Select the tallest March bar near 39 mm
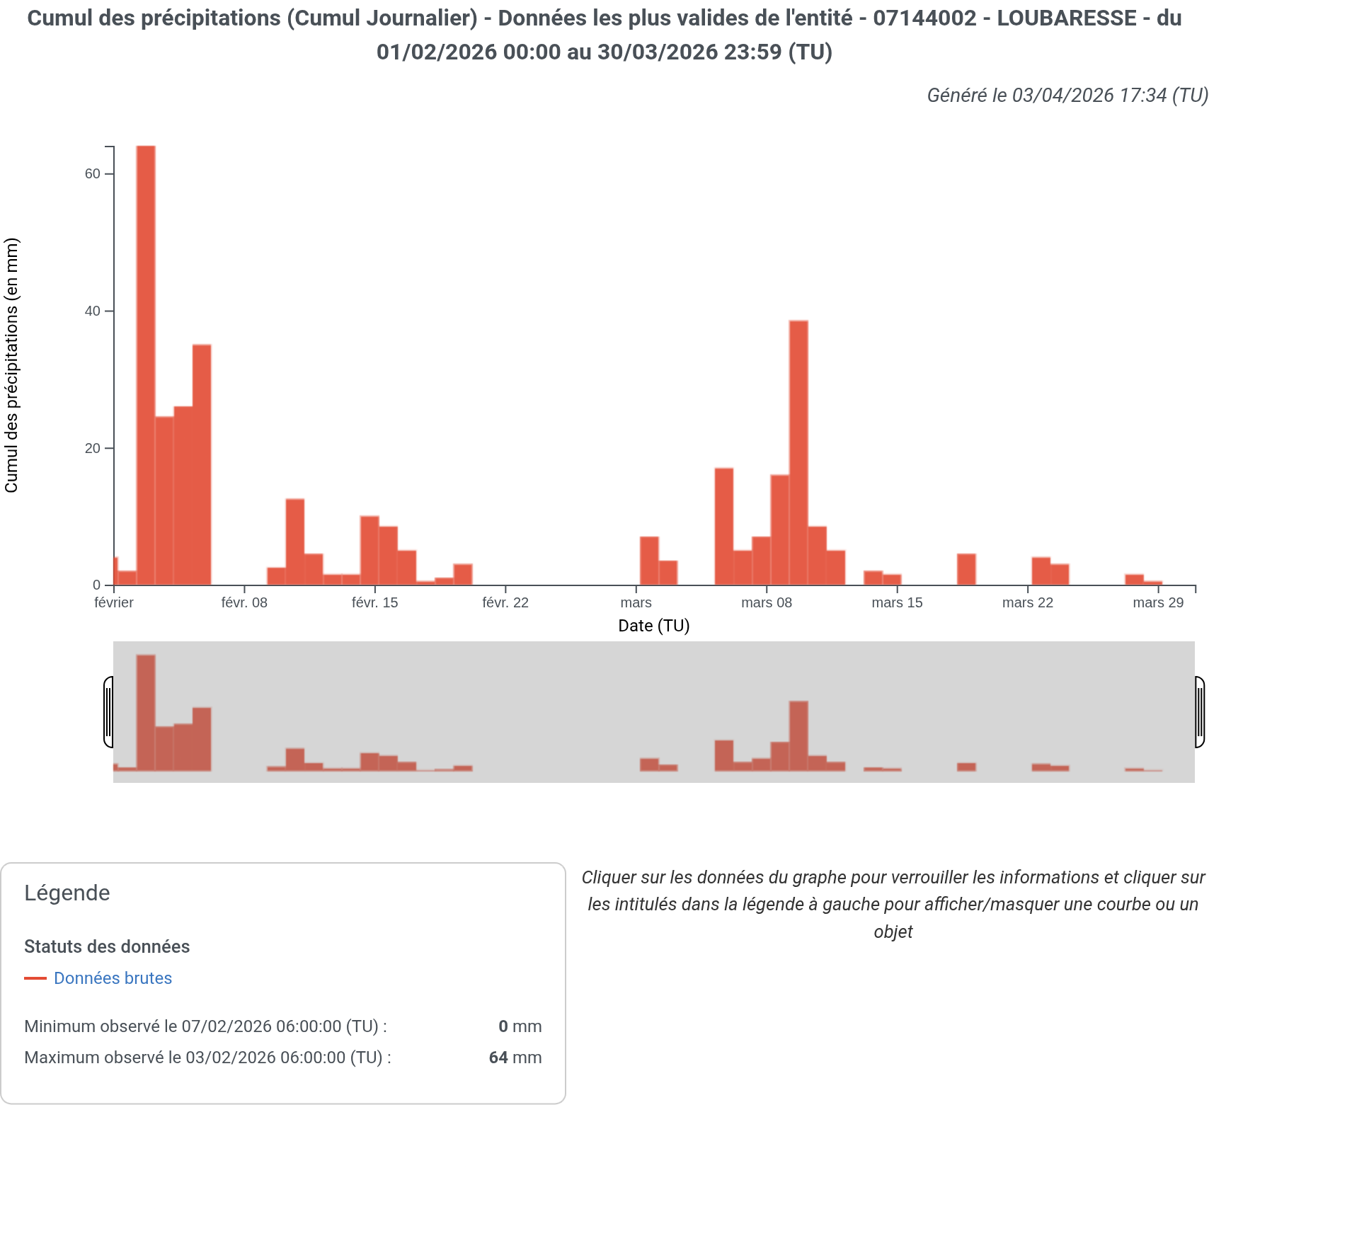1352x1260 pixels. [x=798, y=453]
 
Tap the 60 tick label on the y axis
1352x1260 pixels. [x=93, y=174]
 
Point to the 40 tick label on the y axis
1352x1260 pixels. [x=93, y=311]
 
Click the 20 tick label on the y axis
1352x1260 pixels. [x=93, y=449]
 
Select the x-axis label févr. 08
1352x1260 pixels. [x=244, y=603]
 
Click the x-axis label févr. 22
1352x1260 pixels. [x=505, y=603]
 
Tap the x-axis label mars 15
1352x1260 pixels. [x=897, y=603]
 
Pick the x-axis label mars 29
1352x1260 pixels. [x=1158, y=603]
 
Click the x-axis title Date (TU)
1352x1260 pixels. [x=653, y=626]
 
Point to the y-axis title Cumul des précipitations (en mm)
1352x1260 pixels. [x=12, y=365]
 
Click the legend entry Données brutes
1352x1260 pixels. [x=113, y=978]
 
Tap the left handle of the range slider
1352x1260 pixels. [x=108, y=712]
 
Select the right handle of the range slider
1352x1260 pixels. [x=1200, y=712]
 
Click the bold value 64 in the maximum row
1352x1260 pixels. [x=498, y=1058]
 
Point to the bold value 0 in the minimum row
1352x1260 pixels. [x=503, y=1026]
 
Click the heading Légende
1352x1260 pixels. [x=67, y=893]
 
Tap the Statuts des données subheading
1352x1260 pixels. [x=107, y=947]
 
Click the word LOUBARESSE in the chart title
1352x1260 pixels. [x=1067, y=18]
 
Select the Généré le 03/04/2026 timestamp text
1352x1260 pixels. [x=1067, y=96]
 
